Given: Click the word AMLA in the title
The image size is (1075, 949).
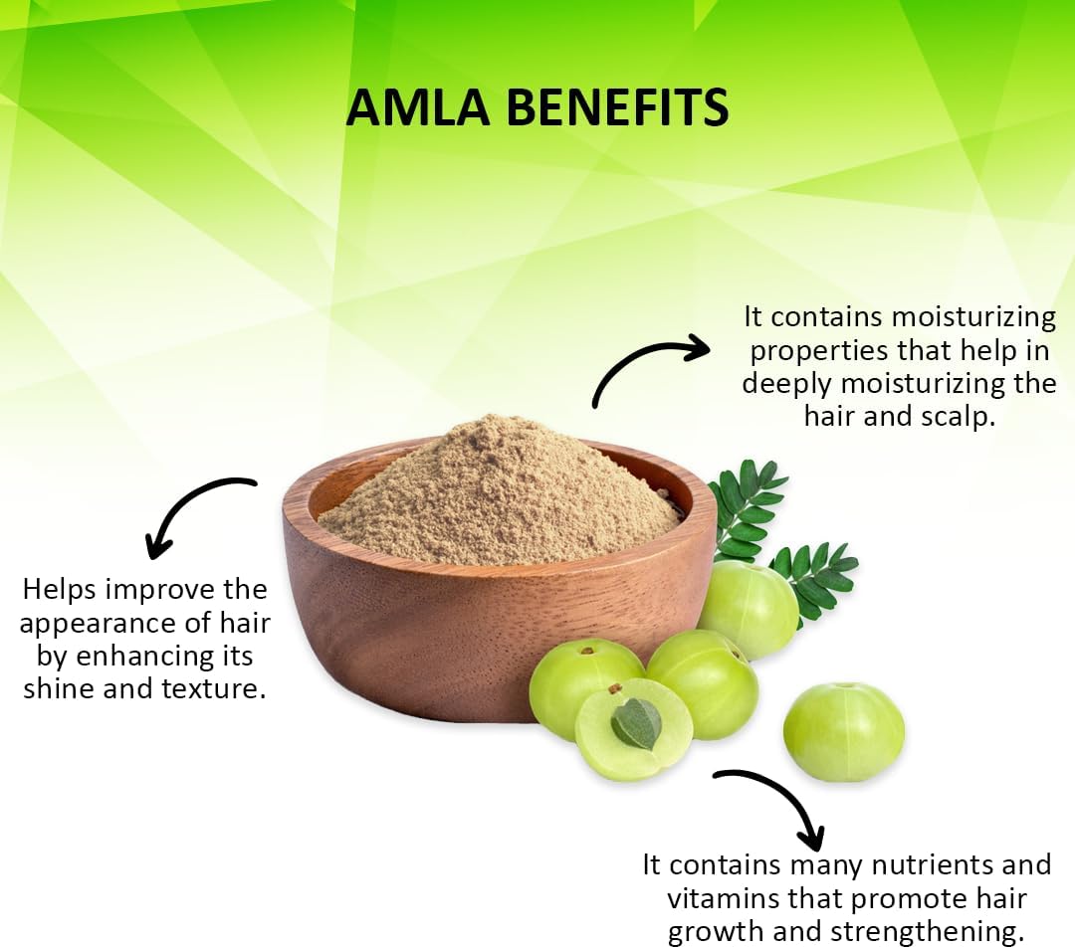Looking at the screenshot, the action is click(x=417, y=107).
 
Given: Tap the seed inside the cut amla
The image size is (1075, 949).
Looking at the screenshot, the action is click(x=636, y=723).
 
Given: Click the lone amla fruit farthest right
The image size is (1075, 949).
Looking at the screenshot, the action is click(x=844, y=732).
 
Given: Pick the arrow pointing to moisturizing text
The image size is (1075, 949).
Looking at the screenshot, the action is click(x=634, y=363).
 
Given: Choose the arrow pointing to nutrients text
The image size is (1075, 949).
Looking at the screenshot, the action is click(x=788, y=795).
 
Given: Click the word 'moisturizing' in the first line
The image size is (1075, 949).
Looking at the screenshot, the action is click(x=973, y=316).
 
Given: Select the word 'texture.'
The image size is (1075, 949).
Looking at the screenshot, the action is click(x=213, y=688).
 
